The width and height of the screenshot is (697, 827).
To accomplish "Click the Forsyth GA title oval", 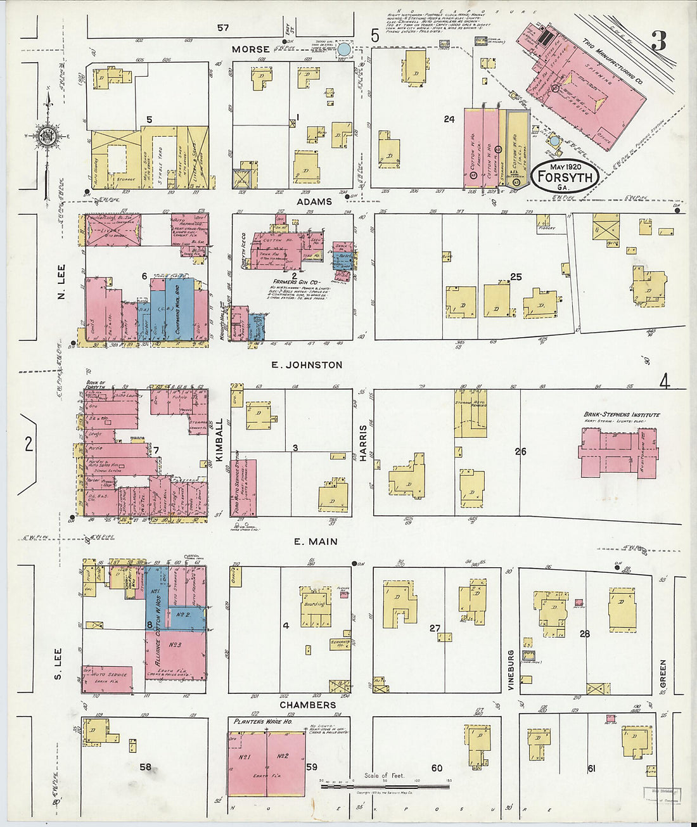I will [565, 174].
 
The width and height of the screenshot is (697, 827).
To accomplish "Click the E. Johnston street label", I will [307, 365].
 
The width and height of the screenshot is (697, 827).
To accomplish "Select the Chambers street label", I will [307, 705].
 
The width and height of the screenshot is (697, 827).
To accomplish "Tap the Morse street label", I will [250, 49].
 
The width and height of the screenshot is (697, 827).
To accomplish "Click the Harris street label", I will [364, 442].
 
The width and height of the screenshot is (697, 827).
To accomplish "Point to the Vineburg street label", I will [509, 670].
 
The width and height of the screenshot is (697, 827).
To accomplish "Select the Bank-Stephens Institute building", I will [618, 452].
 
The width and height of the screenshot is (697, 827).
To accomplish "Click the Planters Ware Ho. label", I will [263, 722].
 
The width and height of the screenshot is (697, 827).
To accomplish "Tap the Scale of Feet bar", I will [385, 786].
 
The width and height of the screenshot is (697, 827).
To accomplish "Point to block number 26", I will [520, 452].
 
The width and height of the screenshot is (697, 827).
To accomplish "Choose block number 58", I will [145, 767].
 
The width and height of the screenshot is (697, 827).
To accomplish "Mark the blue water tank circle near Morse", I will [344, 49].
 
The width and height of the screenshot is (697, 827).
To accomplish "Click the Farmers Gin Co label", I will [297, 281].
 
